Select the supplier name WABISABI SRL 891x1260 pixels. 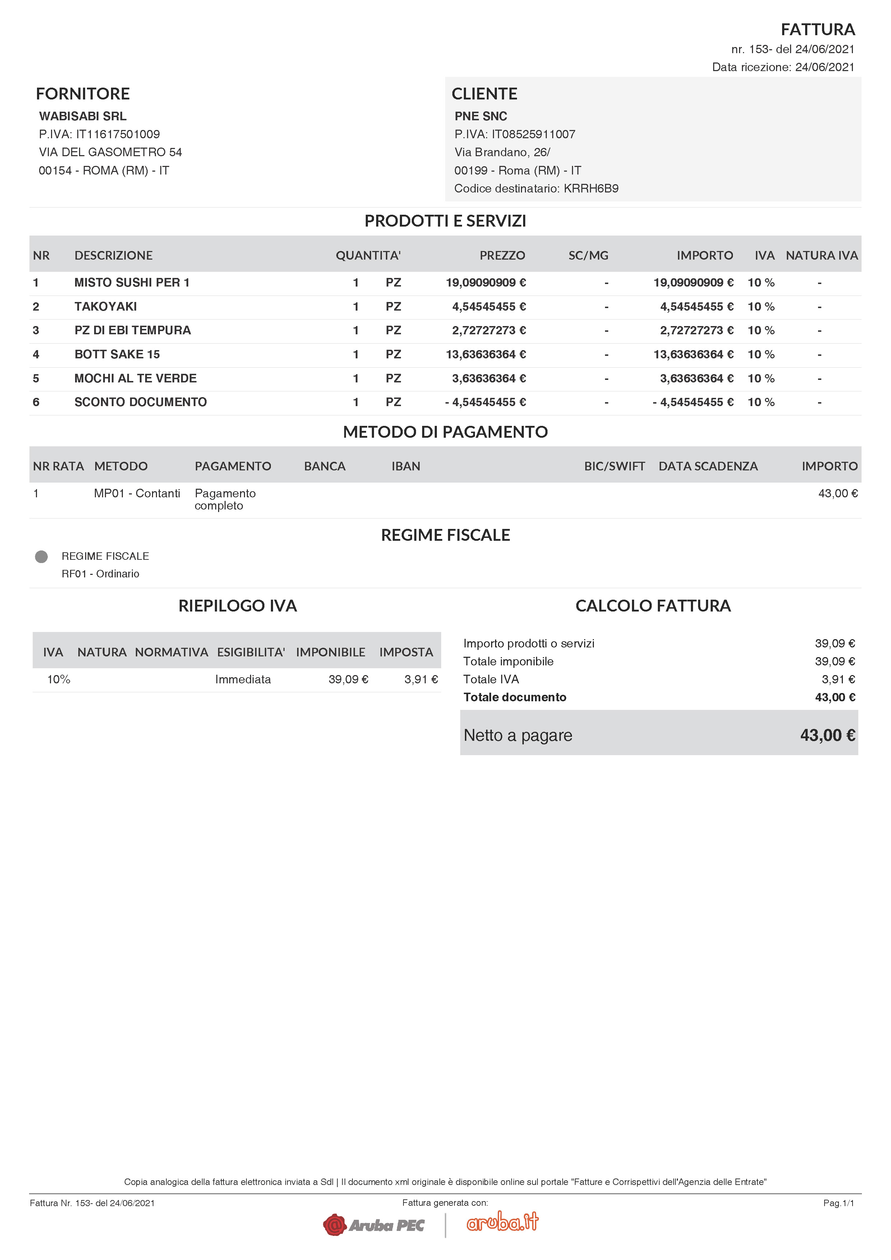[82, 116]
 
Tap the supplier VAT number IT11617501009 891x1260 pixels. [117, 134]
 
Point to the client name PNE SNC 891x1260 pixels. [480, 116]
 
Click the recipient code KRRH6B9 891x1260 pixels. [591, 189]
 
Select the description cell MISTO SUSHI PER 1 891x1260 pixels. [132, 283]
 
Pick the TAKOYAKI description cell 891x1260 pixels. [105, 307]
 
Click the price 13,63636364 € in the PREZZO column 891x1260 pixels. [485, 354]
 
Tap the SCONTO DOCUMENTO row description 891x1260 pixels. [140, 402]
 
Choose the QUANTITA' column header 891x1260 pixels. [368, 255]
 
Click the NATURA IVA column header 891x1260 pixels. [821, 255]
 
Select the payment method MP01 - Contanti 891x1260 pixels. [137, 493]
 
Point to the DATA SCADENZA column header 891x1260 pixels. [708, 466]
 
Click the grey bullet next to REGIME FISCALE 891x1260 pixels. [41, 557]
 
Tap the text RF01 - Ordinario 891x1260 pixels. [101, 574]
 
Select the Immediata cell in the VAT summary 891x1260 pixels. [243, 680]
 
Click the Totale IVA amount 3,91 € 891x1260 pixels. [838, 679]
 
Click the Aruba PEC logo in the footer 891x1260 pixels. [374, 1225]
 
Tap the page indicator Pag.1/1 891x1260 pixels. [838, 1203]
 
